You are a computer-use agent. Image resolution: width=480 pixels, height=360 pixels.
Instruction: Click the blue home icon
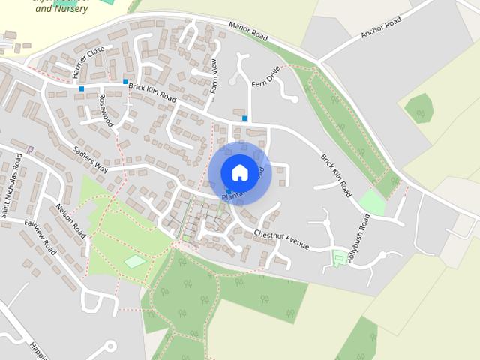tap(239, 172)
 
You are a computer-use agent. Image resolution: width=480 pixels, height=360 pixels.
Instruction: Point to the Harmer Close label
tap(88, 63)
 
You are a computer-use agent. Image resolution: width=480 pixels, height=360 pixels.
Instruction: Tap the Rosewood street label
tap(105, 109)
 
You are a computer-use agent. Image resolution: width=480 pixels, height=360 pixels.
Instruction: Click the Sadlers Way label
tap(91, 159)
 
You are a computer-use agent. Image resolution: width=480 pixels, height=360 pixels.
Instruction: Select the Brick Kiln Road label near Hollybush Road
tap(335, 175)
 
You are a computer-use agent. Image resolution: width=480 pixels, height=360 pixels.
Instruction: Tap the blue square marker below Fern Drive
tap(244, 118)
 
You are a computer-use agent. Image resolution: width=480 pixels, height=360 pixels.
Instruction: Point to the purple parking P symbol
tap(29, 149)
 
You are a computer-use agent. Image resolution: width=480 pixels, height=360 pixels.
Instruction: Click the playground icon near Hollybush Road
tap(339, 258)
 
